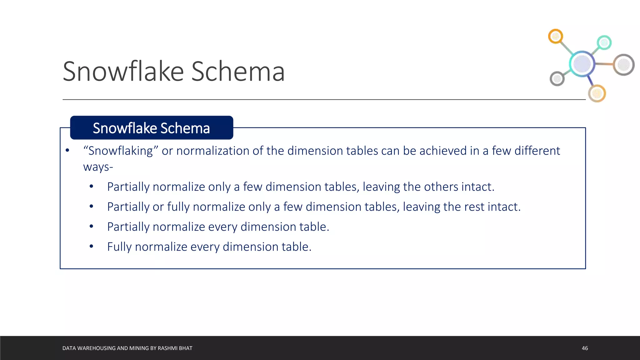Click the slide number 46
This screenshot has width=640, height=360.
tap(585, 348)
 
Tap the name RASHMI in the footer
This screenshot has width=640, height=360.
tap(168, 348)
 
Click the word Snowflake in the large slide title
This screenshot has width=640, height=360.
tap(123, 72)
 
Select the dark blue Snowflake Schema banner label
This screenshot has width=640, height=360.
tap(152, 128)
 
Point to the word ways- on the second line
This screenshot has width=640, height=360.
tap(98, 167)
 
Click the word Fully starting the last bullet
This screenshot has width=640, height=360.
tap(119, 247)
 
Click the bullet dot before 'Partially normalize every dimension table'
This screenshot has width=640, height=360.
tap(91, 227)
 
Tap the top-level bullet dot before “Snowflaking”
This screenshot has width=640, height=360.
tap(67, 151)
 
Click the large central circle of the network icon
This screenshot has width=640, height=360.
tap(582, 64)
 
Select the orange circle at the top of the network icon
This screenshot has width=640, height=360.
tap(555, 37)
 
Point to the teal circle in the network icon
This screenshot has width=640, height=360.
tap(604, 42)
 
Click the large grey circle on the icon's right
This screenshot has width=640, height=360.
tap(623, 65)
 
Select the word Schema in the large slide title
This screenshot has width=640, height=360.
tap(238, 72)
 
